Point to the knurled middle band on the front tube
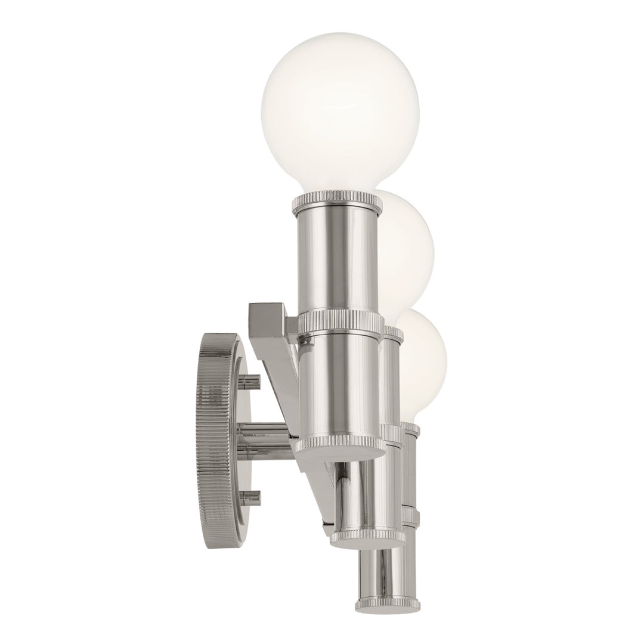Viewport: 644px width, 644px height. (x=340, y=323)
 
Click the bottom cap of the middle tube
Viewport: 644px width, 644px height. (x=367, y=535)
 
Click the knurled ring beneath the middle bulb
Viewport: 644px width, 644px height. (x=394, y=333)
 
